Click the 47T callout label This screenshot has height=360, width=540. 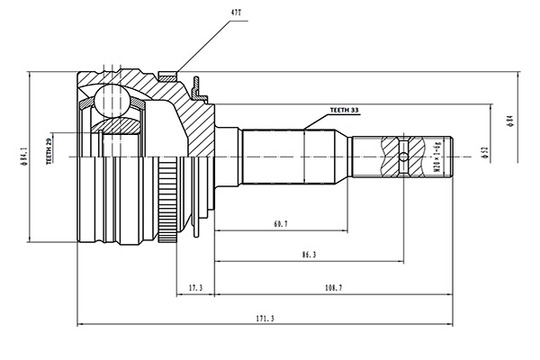236,13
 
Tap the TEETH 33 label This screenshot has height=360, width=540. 344,110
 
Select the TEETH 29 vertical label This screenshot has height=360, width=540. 49,150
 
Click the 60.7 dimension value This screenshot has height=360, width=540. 281,224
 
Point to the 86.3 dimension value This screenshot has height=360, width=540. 309,255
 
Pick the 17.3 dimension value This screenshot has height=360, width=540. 195,288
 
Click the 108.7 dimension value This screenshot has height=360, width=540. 333,288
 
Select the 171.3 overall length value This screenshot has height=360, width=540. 265,319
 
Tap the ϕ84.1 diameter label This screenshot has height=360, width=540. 23,157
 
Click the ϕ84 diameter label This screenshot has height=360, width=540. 510,121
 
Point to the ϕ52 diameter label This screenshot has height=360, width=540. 486,152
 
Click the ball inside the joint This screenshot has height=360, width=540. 112,100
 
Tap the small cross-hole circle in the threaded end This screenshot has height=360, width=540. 403,157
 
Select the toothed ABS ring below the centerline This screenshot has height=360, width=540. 167,200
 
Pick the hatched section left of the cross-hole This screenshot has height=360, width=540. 390,157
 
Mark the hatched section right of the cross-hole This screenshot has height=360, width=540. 417,157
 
